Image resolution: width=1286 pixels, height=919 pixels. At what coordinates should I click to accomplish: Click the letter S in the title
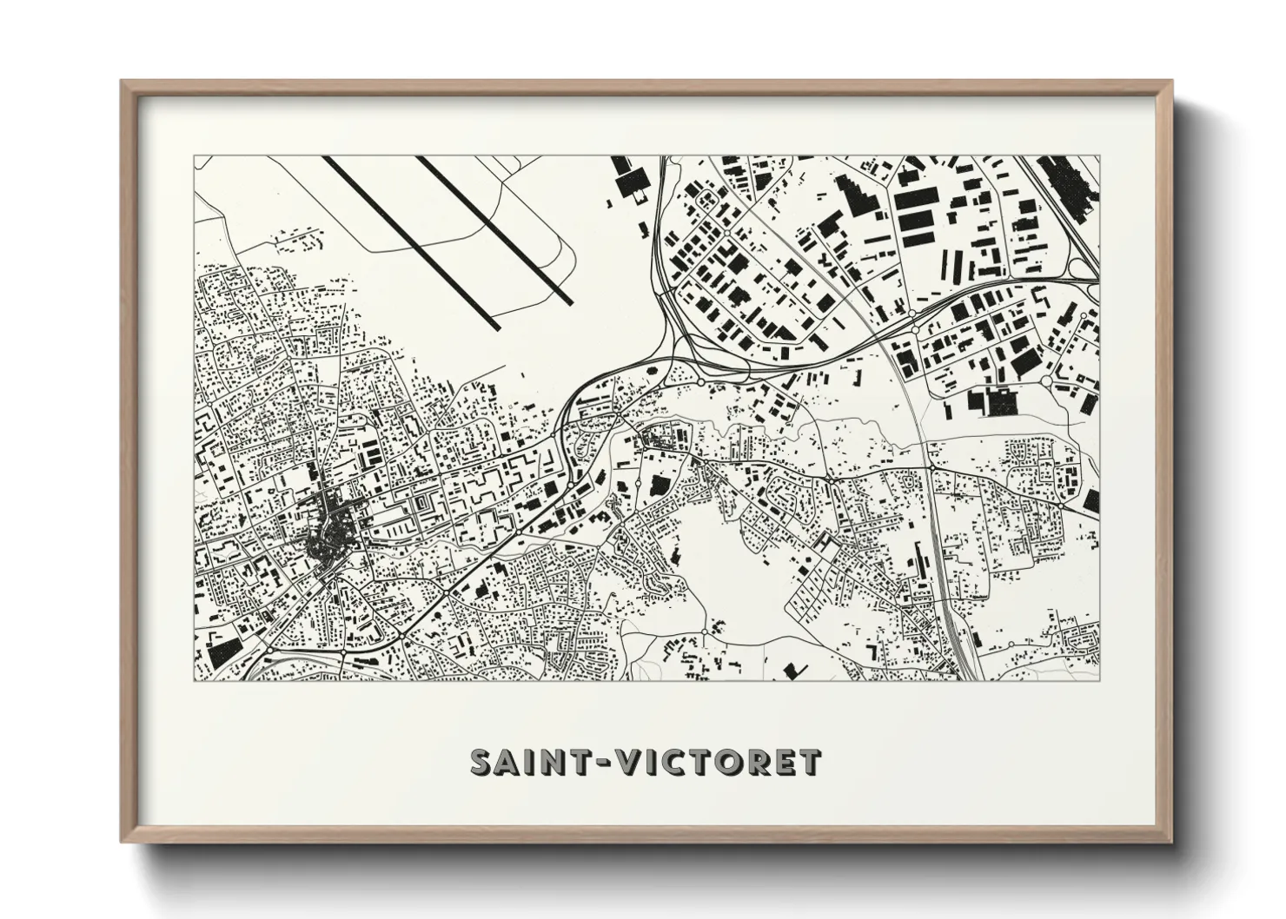(484, 763)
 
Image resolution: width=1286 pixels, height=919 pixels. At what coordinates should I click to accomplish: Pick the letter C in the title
(678, 763)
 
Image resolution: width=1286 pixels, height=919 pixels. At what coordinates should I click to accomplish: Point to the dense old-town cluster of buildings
(326, 526)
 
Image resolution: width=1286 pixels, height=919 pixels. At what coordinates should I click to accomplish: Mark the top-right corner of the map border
(1098, 156)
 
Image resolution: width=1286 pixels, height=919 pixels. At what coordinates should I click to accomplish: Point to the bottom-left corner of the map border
(195, 680)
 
